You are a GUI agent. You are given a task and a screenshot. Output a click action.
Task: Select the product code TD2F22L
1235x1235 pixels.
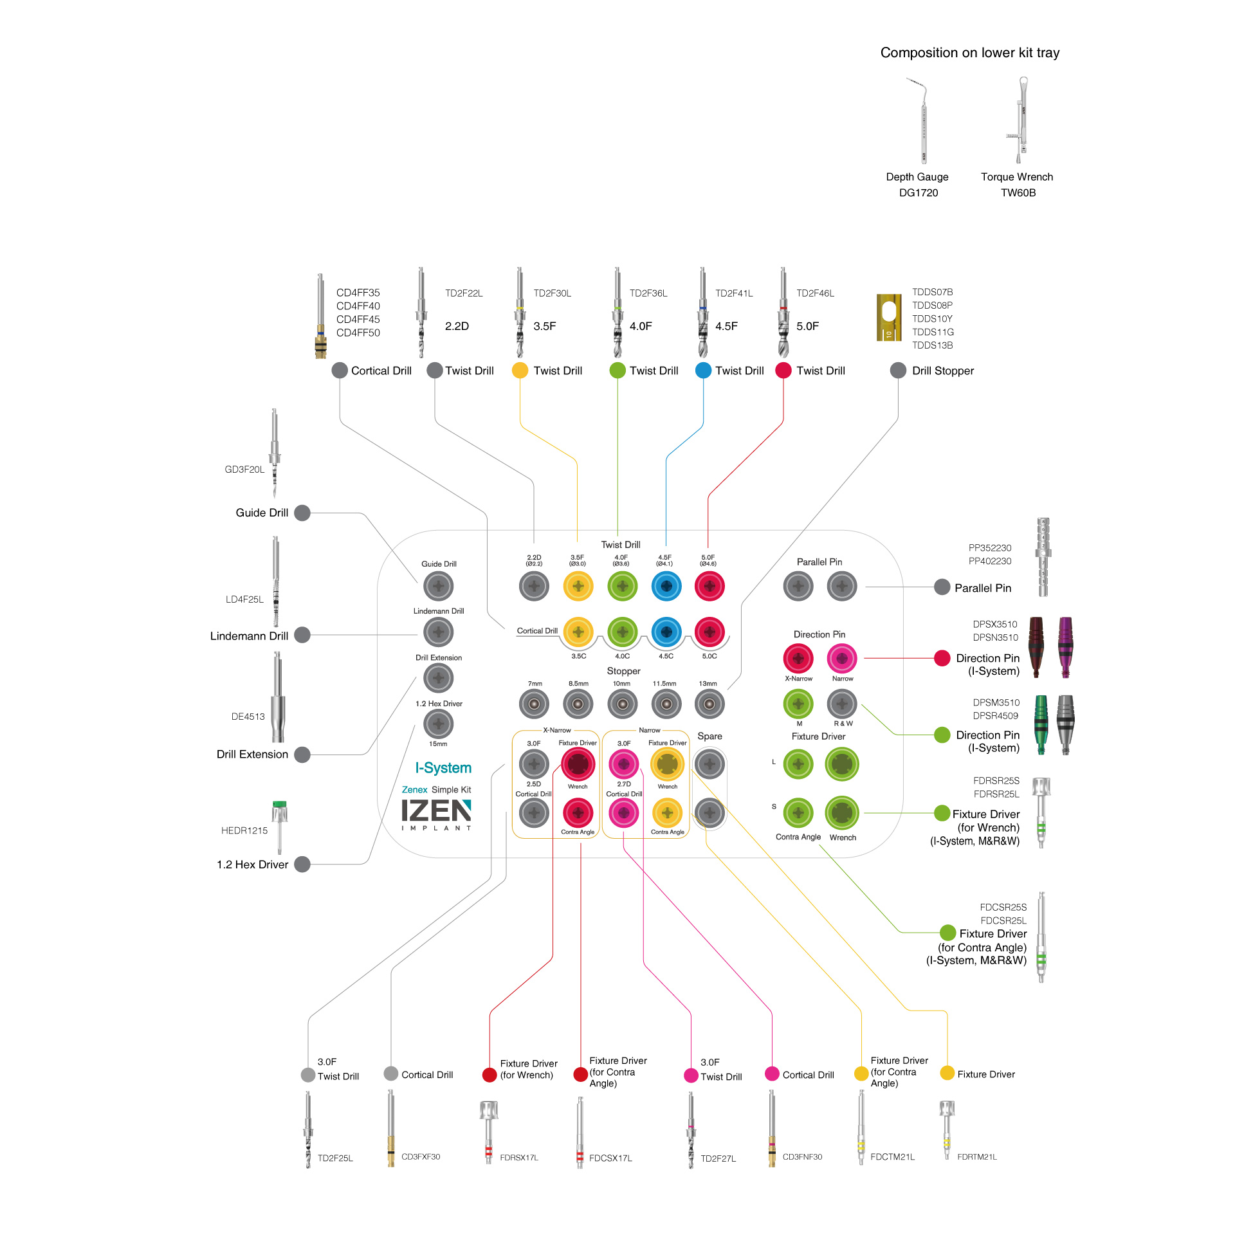pos(464,293)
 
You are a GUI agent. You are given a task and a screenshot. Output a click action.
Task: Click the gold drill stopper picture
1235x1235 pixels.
pos(889,317)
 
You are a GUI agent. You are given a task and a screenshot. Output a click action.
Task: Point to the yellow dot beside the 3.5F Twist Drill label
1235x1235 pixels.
pos(520,370)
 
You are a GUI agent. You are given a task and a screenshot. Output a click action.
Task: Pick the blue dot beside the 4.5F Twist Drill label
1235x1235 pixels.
pos(704,370)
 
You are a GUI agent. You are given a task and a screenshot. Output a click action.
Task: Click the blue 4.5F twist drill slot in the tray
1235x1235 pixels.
pos(666,586)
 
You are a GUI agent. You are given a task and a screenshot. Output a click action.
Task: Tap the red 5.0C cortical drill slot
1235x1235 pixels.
pos(709,632)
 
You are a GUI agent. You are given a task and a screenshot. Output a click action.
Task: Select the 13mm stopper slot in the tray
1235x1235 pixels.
pos(709,704)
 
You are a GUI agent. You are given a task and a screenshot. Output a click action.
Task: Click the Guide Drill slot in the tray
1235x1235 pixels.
pos(439,586)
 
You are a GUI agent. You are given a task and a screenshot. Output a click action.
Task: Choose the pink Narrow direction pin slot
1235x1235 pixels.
pos(842,658)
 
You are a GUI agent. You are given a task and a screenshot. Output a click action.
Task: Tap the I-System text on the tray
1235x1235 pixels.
pos(443,768)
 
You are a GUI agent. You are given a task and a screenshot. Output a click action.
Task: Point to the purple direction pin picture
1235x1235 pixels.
pos(1066,647)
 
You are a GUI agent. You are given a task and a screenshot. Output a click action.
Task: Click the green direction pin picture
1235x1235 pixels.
pos(1041,725)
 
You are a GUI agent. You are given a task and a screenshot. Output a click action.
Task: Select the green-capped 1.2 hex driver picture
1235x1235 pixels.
pos(279,827)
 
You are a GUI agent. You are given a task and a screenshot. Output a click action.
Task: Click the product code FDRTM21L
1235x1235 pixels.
pos(977,1157)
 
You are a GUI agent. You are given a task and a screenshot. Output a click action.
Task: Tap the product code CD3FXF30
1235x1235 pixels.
pos(421,1157)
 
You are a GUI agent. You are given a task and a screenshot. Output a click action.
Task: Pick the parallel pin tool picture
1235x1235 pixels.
pos(1043,557)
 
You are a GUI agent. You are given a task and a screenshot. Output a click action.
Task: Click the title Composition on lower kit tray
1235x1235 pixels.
pos(970,53)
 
